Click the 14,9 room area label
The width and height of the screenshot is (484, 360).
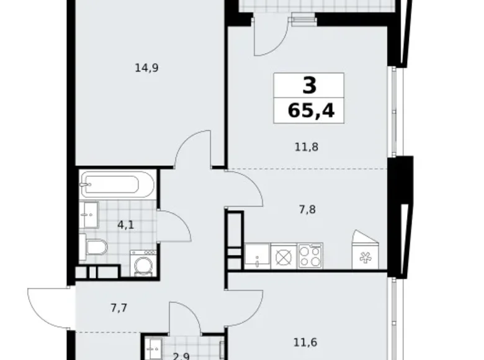[x=147, y=68]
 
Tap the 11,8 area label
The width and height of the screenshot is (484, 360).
[x=307, y=147]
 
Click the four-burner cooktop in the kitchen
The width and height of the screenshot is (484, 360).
[x=310, y=256]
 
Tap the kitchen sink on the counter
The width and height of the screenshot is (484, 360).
[x=256, y=256]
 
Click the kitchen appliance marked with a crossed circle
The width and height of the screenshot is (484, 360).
[x=283, y=256]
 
